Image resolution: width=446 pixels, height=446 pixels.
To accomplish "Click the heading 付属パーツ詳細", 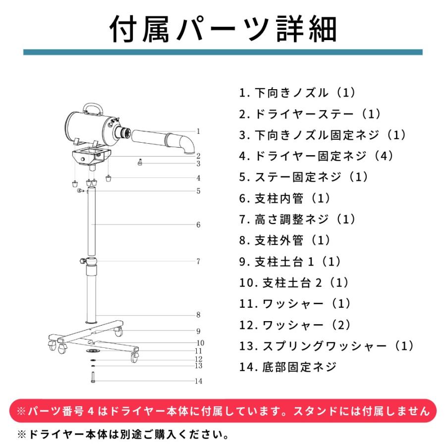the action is click(x=223, y=29).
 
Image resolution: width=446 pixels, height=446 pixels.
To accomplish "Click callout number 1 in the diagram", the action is click(x=198, y=131).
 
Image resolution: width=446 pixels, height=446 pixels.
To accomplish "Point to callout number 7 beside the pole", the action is click(x=198, y=261).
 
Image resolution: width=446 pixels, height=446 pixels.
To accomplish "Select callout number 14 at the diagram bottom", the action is click(x=198, y=381).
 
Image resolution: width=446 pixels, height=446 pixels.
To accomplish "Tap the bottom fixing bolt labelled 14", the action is click(x=93, y=378).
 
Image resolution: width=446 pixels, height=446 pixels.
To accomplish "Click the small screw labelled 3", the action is click(x=140, y=163).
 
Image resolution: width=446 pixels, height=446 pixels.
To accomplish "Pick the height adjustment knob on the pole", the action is click(x=83, y=261).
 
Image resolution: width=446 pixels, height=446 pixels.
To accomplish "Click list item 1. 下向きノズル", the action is click(x=297, y=93).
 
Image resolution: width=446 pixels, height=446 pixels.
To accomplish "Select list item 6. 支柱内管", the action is click(x=284, y=198).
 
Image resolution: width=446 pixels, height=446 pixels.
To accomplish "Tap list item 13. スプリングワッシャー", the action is click(x=326, y=346).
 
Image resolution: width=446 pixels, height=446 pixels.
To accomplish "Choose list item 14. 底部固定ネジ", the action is click(x=288, y=367).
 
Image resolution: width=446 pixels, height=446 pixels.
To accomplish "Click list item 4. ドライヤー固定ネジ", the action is click(x=316, y=156).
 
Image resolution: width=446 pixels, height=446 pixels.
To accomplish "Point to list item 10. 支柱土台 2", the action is click(x=294, y=283).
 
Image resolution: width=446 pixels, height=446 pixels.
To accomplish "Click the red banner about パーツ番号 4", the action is click(x=223, y=411).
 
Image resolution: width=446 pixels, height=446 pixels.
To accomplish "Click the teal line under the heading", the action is click(x=223, y=53).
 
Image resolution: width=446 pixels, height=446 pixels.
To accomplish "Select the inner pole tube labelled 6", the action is click(x=91, y=222).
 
